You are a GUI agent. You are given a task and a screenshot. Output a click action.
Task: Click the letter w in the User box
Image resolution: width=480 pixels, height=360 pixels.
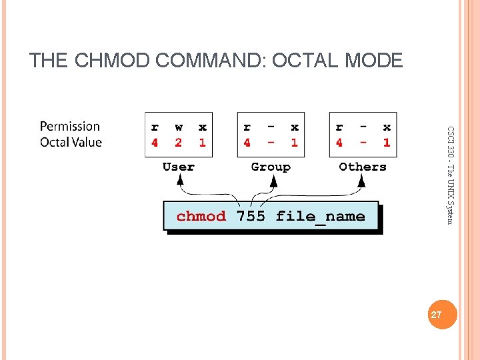(178, 127)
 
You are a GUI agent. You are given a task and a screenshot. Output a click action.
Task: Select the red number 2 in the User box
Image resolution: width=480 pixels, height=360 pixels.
(178, 142)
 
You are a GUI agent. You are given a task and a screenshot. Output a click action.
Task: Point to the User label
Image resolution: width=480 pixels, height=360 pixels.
(179, 167)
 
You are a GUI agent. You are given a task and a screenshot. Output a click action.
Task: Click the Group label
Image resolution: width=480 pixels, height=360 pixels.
(271, 167)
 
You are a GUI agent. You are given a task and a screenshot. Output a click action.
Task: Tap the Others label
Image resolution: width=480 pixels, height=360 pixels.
(363, 167)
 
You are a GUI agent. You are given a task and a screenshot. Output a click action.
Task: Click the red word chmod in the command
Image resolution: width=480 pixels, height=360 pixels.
(201, 216)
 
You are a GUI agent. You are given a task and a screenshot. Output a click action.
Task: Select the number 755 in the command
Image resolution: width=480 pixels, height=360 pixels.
(251, 216)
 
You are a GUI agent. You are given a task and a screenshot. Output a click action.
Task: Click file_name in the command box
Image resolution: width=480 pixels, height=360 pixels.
(320, 216)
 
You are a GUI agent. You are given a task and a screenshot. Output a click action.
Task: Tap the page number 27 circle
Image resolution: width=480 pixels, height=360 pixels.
(437, 314)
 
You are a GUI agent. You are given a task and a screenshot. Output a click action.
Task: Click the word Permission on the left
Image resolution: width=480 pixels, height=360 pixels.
(70, 126)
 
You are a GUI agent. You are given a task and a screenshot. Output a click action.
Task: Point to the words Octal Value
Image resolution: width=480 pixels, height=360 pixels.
(71, 142)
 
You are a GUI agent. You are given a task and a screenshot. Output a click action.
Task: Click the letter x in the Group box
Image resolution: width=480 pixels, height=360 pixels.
(294, 127)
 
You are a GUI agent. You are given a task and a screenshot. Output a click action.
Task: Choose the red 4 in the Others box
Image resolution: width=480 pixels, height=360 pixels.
(339, 142)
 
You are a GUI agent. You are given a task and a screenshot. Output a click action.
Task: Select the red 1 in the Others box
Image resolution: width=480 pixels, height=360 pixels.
(387, 142)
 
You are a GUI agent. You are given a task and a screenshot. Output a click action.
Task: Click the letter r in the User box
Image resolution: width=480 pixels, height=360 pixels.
(155, 127)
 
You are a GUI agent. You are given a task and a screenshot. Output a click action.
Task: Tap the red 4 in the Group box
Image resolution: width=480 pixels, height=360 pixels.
(247, 142)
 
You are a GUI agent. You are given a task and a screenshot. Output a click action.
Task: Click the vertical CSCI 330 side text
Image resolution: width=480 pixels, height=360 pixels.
(451, 175)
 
